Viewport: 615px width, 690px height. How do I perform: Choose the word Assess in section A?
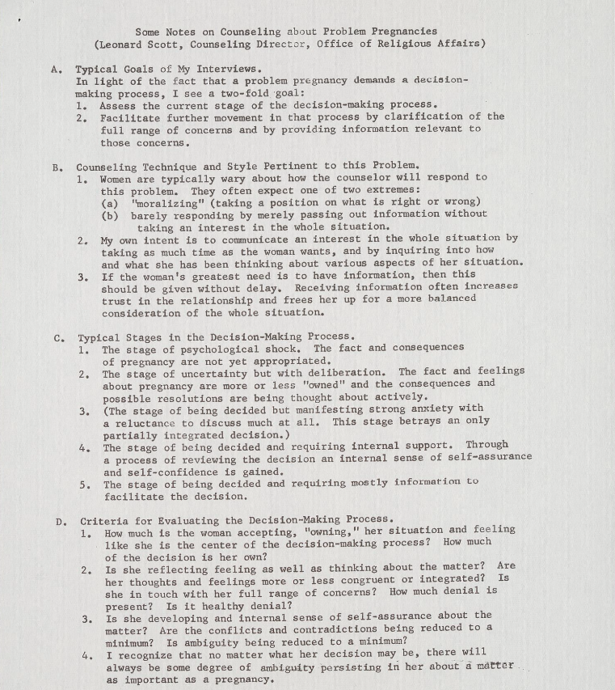(117, 105)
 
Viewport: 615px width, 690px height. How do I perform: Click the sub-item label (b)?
(111, 214)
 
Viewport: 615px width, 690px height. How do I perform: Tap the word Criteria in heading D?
(104, 519)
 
